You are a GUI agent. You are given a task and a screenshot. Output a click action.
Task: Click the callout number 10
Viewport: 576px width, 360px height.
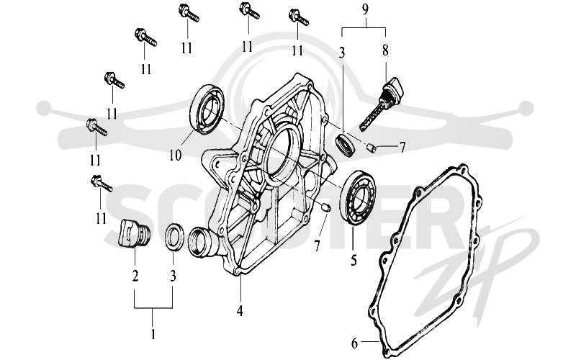pos(176,156)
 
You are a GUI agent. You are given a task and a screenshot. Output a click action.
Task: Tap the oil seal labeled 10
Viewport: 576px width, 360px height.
pos(208,109)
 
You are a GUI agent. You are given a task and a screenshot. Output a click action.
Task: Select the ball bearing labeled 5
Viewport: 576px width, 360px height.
pos(359,197)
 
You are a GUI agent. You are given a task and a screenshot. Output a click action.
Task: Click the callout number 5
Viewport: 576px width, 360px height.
pos(354,261)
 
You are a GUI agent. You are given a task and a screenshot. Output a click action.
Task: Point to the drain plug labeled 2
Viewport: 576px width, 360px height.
pos(134,233)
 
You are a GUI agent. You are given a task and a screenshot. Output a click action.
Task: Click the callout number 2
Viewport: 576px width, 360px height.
pos(135,276)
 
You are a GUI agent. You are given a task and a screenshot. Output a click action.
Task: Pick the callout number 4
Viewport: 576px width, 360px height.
pos(240,311)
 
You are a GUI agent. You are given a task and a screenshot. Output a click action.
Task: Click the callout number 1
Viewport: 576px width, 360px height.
pos(153,334)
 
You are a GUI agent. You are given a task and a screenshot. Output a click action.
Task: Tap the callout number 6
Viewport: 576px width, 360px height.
pos(354,343)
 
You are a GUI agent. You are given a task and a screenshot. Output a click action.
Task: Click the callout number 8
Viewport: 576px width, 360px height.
pos(385,50)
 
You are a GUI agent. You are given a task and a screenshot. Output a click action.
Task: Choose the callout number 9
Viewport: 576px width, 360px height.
pos(364,10)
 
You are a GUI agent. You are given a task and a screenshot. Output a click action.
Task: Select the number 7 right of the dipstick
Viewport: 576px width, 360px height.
pos(402,148)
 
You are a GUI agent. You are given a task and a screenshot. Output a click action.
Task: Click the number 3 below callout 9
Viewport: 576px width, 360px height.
pos(341,53)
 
